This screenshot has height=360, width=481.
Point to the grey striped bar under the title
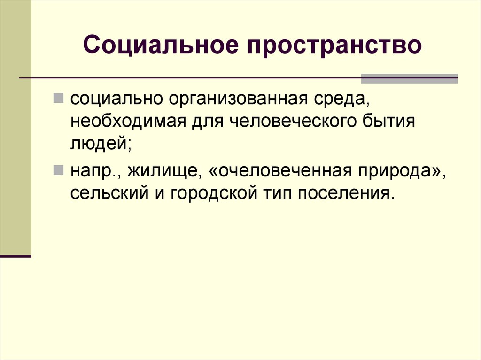409,78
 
